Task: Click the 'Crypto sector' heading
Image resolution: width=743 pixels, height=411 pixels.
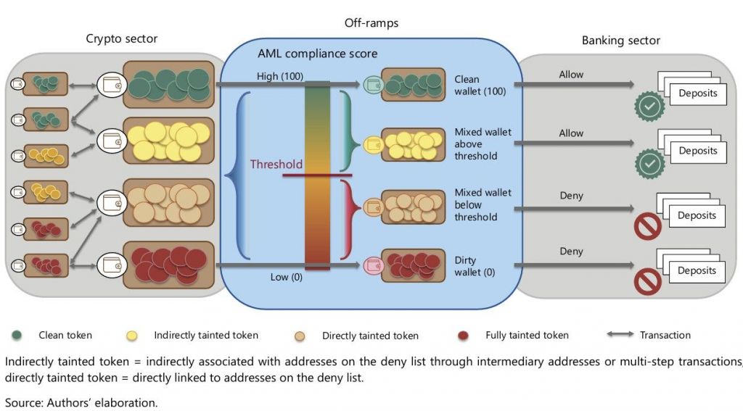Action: [121, 38]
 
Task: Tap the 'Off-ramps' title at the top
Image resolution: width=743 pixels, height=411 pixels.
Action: [371, 23]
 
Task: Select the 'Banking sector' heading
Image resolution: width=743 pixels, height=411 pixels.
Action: [621, 41]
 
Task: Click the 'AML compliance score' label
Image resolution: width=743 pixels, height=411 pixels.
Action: [317, 54]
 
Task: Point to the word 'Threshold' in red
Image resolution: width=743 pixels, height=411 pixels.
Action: [276, 165]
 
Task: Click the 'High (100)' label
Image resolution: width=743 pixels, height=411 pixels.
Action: [279, 76]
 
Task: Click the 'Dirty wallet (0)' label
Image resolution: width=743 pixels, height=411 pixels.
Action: [469, 266]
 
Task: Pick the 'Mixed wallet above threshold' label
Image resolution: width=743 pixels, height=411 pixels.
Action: [483, 144]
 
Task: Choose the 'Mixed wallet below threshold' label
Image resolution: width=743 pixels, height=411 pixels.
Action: [483, 205]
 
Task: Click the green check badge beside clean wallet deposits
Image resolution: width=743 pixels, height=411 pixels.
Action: [649, 106]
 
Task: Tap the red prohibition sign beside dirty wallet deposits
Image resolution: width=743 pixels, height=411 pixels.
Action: [647, 281]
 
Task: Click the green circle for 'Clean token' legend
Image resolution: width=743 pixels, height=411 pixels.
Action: [17, 335]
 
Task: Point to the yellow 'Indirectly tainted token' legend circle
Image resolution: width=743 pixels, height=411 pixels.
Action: [131, 335]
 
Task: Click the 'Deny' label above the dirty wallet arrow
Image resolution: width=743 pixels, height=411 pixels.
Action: [571, 252]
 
